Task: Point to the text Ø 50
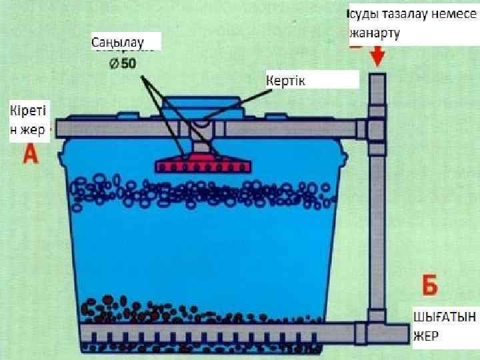click(x=123, y=64)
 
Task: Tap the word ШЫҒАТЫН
click(x=443, y=316)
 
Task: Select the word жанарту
click(x=375, y=33)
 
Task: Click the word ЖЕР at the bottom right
click(x=426, y=336)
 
